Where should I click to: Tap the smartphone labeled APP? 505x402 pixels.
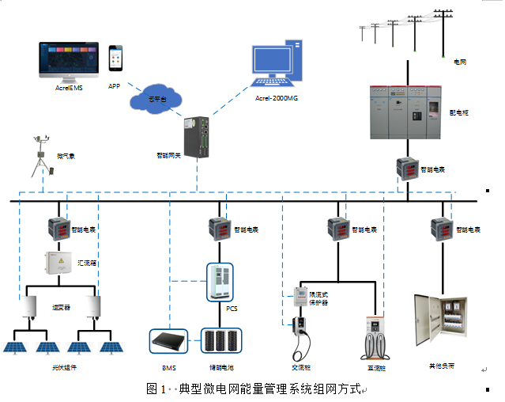pyautogui.click(x=116, y=59)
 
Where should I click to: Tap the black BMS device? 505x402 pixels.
pyautogui.click(x=168, y=342)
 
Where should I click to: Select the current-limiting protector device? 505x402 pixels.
pyautogui.click(x=301, y=297)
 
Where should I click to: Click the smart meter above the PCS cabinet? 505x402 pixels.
pyautogui.click(x=219, y=229)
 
